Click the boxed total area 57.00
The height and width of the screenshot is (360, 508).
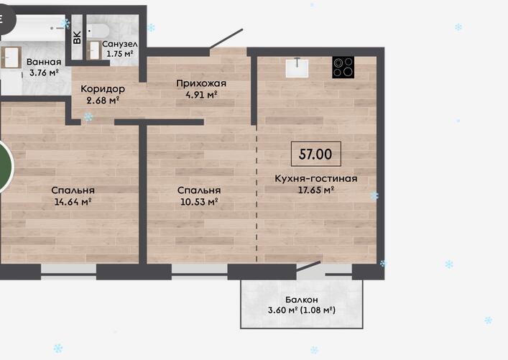[316, 154]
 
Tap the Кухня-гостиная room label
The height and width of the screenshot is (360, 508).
[316, 178]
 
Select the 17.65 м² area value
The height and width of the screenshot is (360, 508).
[316, 190]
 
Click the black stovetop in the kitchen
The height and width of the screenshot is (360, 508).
[343, 67]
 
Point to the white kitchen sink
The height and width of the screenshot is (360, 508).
[297, 68]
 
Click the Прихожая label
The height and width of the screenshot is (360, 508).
[201, 83]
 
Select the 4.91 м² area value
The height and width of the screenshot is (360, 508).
[201, 95]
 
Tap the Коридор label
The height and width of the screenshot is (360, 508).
[103, 89]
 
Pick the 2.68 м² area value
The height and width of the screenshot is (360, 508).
[103, 100]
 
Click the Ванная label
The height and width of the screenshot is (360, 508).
[44, 62]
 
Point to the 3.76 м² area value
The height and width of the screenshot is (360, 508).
[44, 73]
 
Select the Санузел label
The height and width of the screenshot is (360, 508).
[119, 44]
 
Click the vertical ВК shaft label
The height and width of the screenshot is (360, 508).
[77, 37]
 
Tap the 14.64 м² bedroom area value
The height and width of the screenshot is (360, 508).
[73, 201]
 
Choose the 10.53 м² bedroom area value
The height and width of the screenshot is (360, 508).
[199, 201]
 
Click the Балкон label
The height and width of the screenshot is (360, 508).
[302, 300]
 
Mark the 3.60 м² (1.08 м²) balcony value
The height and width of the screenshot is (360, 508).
[302, 310]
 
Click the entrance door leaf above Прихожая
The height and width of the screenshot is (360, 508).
[226, 39]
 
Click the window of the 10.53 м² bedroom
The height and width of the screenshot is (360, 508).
[199, 272]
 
